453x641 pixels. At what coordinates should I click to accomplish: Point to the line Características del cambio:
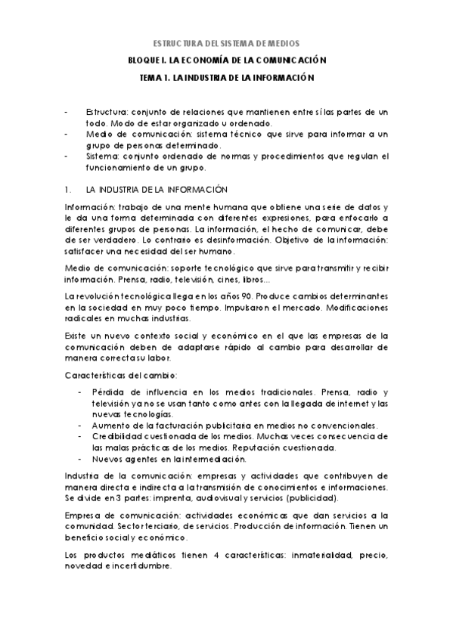110,376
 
